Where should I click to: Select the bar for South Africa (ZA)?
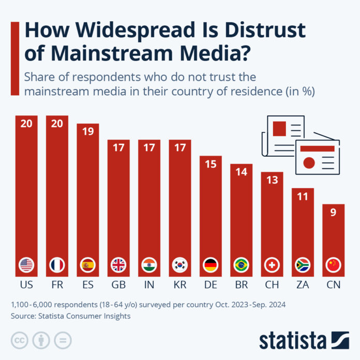[303, 228]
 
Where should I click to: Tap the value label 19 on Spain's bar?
[87, 132]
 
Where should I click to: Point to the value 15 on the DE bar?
[211, 164]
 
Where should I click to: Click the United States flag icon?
[26, 265]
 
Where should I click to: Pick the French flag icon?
[57, 265]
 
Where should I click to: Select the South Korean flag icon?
[180, 265]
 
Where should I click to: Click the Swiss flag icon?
[272, 265]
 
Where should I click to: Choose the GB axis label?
[118, 285]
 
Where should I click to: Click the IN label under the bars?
[149, 285]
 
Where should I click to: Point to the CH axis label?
[272, 285]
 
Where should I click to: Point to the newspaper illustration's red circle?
[309, 163]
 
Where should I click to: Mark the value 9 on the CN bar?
[333, 212]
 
